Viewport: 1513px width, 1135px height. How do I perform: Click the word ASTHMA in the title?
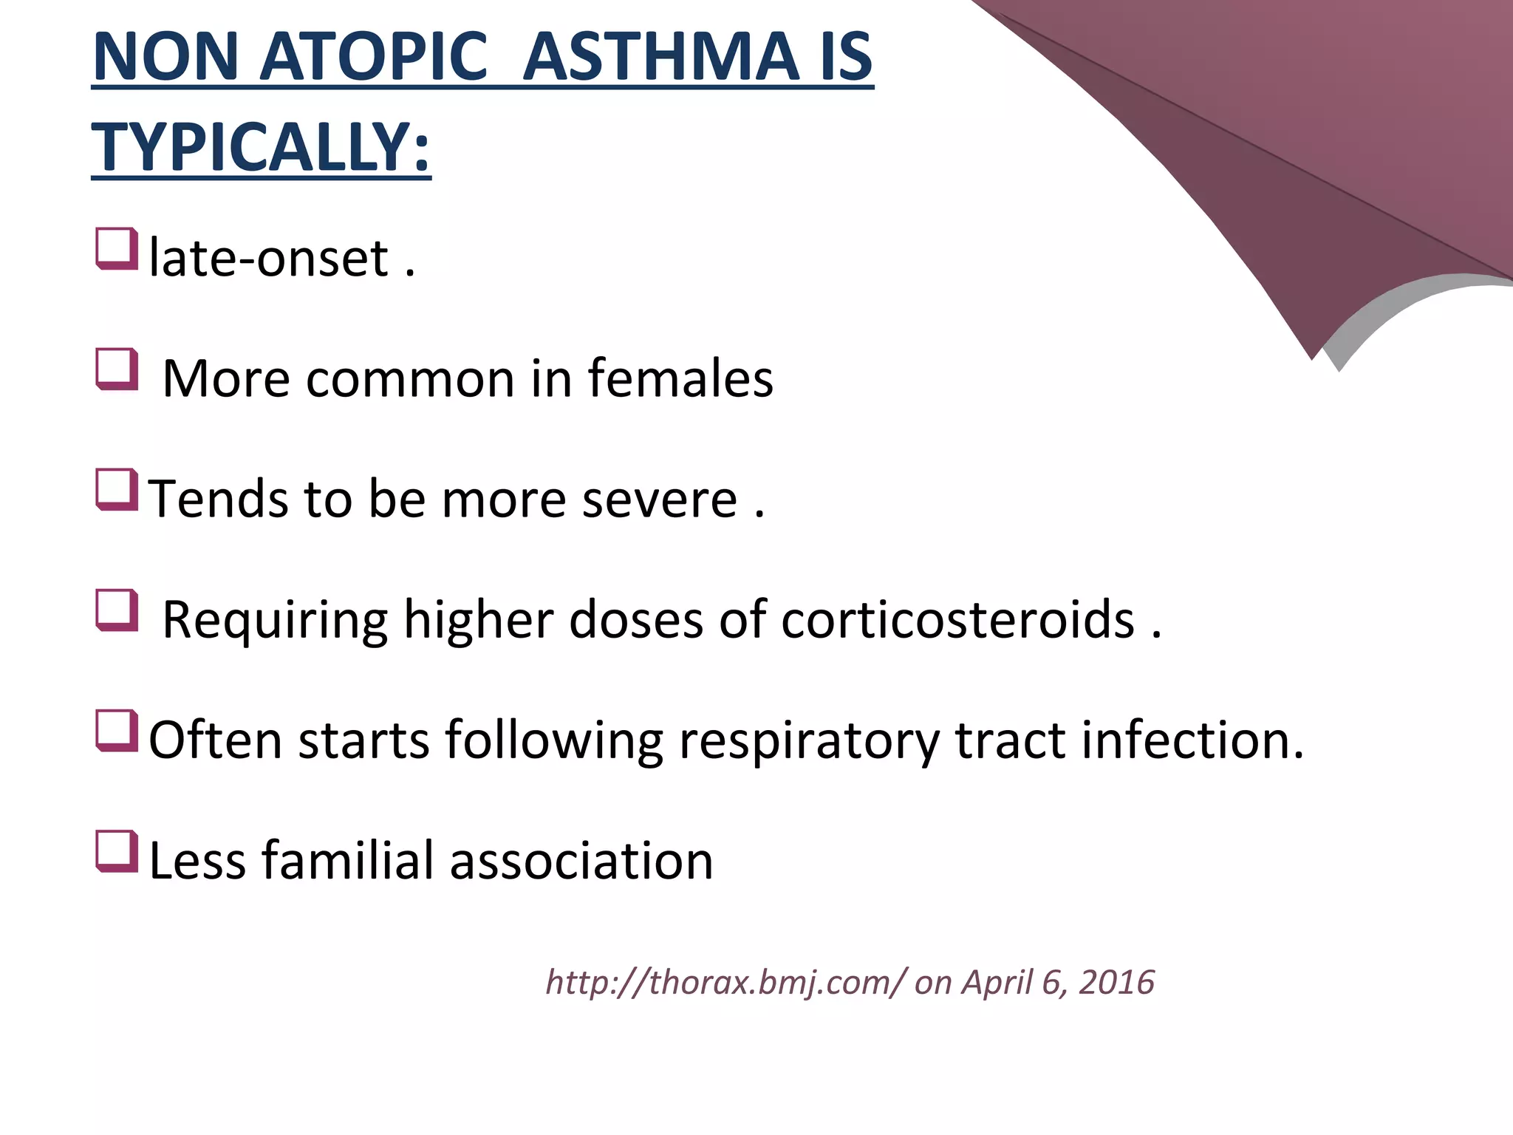point(660,58)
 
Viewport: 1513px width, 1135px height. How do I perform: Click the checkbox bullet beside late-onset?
point(117,248)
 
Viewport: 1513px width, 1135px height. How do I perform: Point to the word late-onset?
point(269,259)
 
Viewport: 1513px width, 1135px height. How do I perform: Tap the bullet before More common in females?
point(117,369)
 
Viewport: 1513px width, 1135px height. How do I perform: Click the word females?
point(680,378)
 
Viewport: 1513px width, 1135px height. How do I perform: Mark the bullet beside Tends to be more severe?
point(117,489)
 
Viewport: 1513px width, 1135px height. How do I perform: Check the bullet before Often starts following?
point(117,730)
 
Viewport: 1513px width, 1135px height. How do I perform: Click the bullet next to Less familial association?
point(117,851)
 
